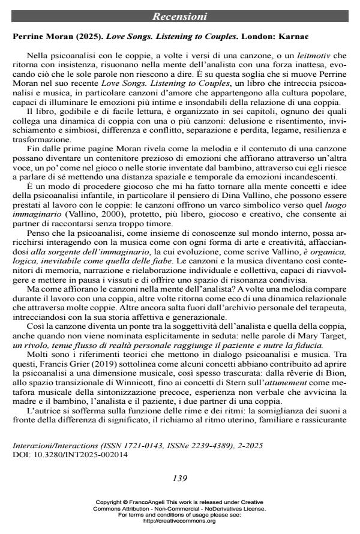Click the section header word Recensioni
179,16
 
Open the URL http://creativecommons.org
179,521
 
